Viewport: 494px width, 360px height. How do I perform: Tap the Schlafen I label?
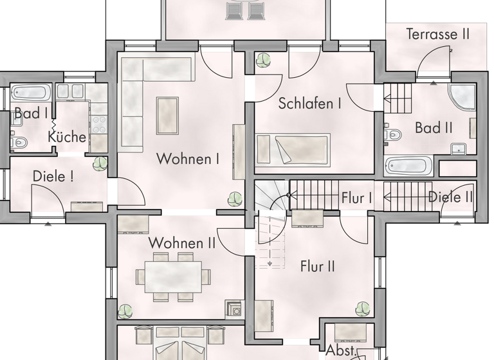tap(309, 104)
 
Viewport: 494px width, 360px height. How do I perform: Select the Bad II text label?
tap(433, 128)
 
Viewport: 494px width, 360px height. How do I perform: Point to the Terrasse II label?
tap(437, 35)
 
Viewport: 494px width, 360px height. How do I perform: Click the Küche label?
tap(67, 137)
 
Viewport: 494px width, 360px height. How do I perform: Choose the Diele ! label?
tap(53, 176)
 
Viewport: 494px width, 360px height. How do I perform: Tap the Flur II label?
tap(317, 265)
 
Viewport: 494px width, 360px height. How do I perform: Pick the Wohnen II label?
tap(181, 243)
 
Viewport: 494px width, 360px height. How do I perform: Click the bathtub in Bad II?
tap(408, 166)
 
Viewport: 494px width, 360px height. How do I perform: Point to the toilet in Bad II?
tap(392, 134)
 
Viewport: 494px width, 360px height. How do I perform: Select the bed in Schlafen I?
tap(293, 149)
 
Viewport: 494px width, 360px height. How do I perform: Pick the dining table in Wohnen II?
tap(173, 276)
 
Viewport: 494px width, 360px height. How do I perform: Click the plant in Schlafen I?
tap(263, 60)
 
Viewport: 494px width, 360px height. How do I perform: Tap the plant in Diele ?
tap(100, 163)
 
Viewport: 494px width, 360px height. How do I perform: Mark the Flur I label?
tap(356, 198)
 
